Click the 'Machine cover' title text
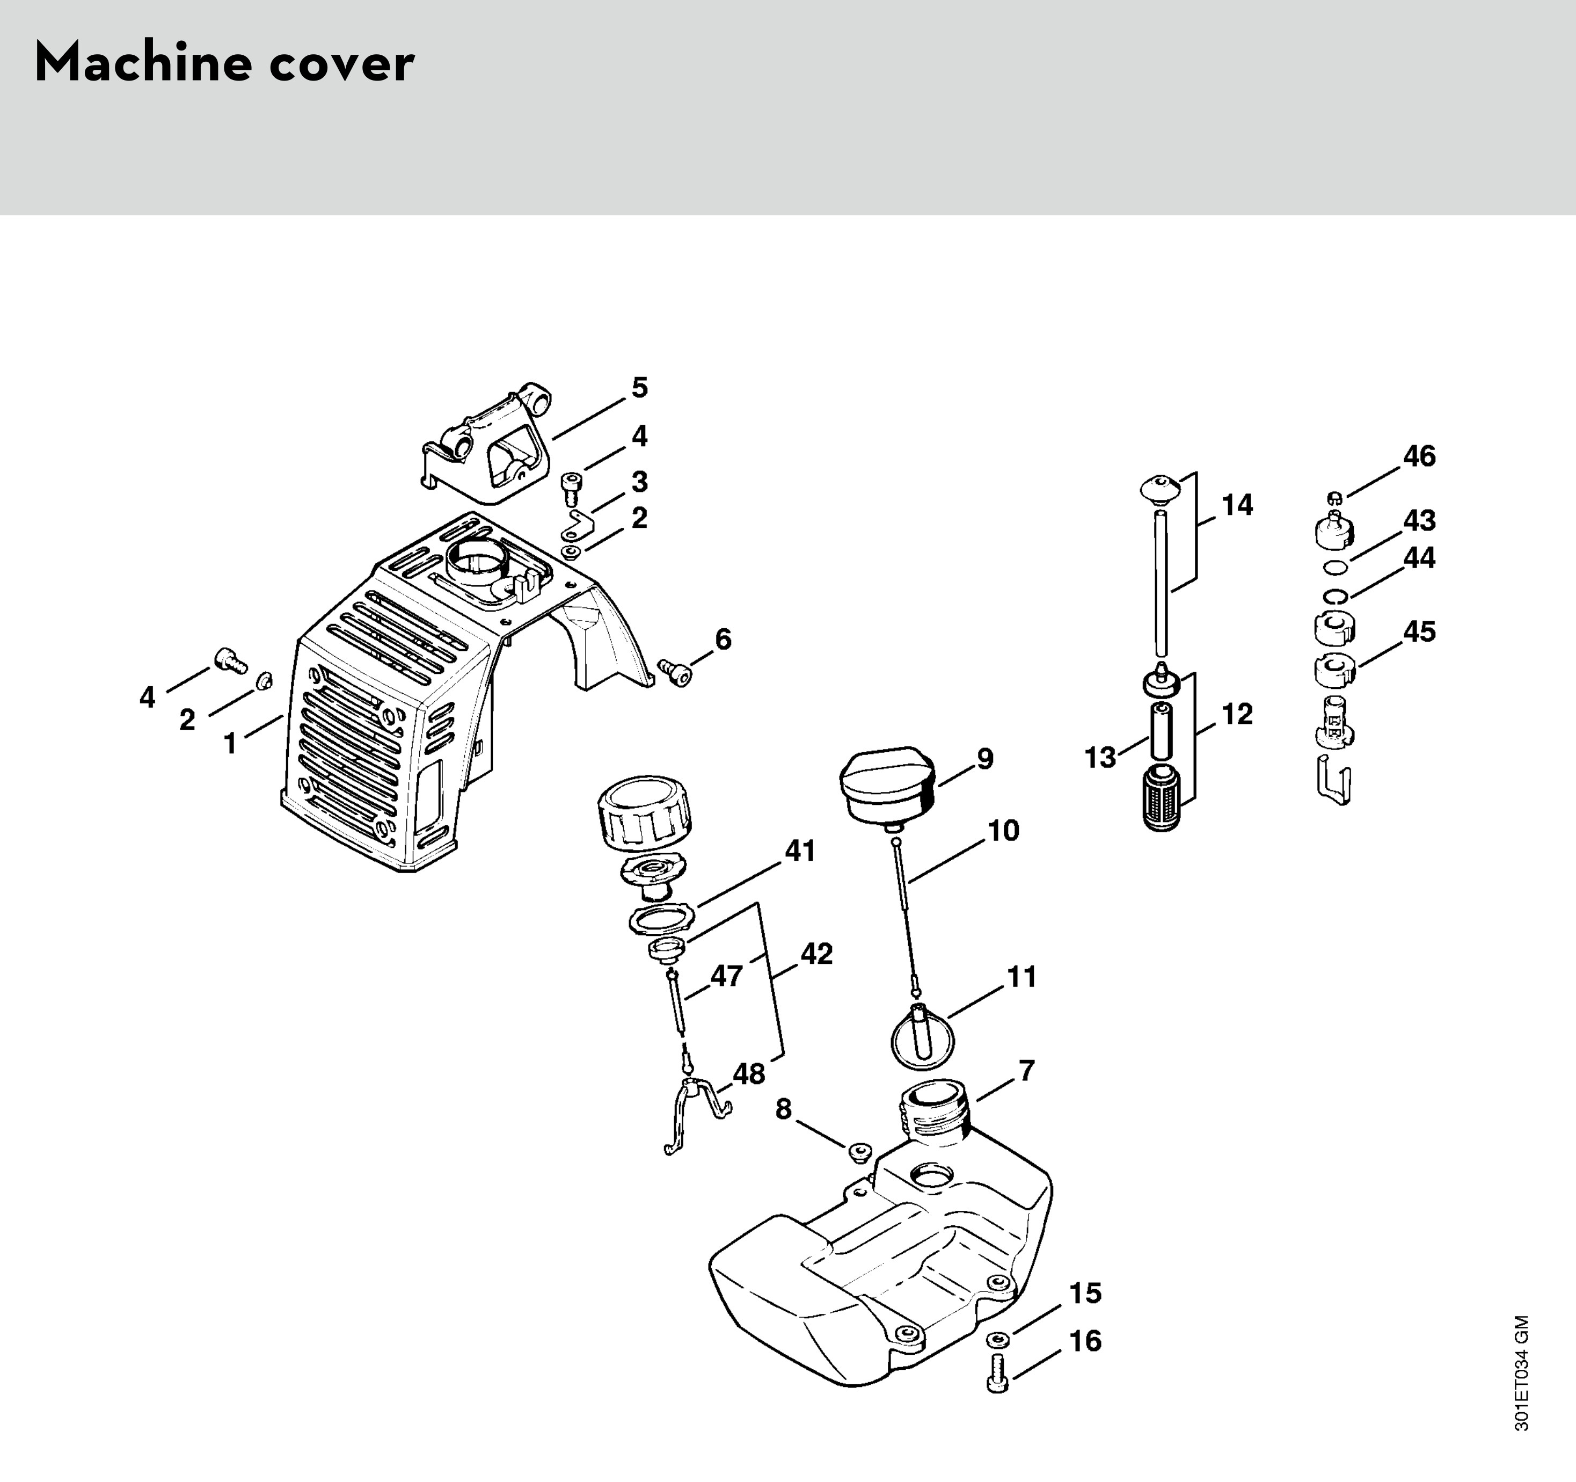[x=224, y=63]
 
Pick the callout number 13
[x=1100, y=758]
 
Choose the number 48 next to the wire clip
[x=748, y=1073]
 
